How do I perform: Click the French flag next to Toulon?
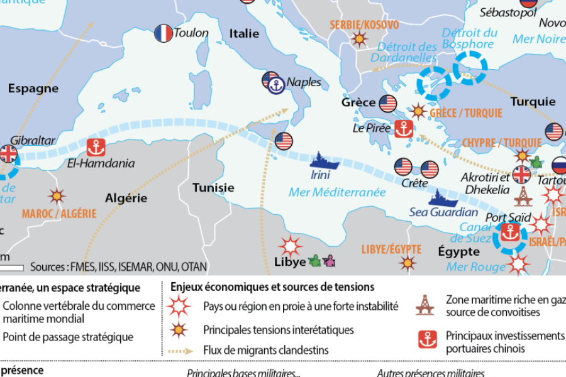(x=164, y=33)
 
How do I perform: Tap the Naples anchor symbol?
(x=276, y=87)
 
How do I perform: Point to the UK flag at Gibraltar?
(x=9, y=153)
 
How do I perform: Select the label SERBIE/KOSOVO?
(x=364, y=25)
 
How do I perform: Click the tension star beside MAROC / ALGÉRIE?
(x=57, y=196)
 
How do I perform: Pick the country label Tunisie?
(x=213, y=187)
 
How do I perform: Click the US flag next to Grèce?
(x=387, y=102)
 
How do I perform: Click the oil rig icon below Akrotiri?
(x=521, y=197)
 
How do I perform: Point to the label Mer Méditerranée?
(x=337, y=192)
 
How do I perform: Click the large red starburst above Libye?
(x=291, y=245)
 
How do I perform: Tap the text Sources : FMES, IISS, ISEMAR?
(x=118, y=267)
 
